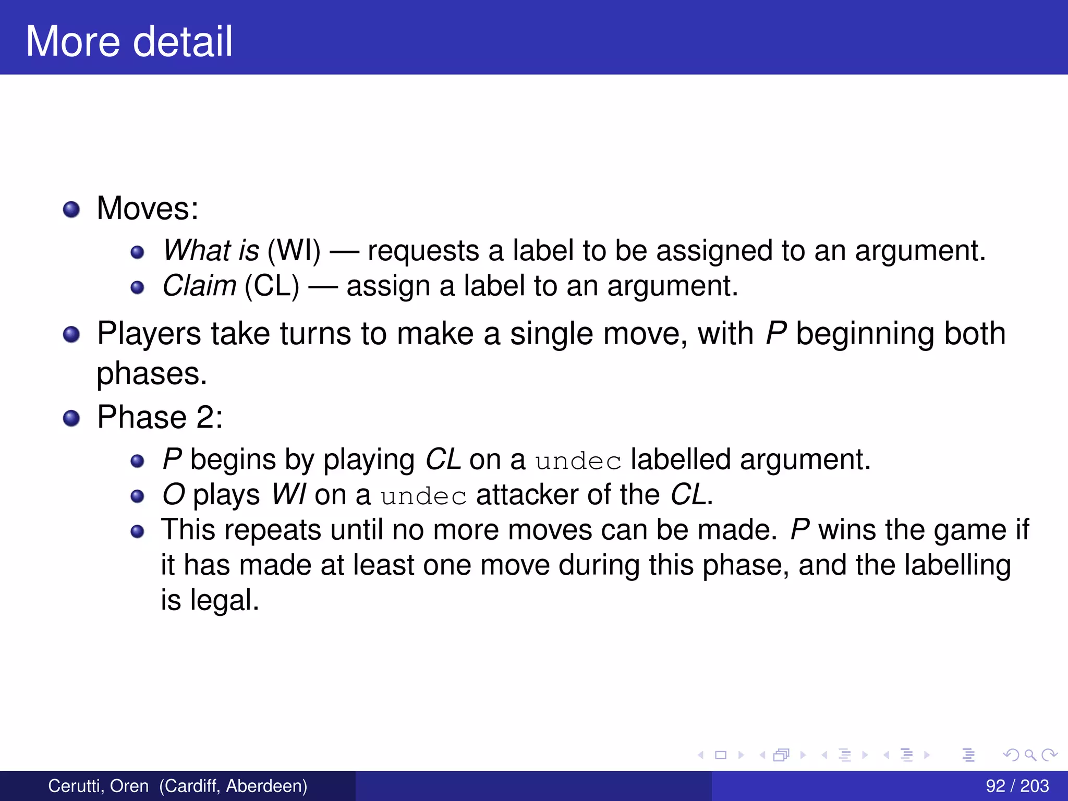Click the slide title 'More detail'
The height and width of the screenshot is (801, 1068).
(x=129, y=41)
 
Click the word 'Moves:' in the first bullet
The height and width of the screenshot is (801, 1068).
(x=148, y=208)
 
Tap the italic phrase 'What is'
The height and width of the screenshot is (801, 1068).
(x=211, y=250)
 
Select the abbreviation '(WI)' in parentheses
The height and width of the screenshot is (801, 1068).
(x=294, y=250)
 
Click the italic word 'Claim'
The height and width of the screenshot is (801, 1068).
(x=199, y=286)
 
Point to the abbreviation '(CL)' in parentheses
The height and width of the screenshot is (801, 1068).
(x=272, y=286)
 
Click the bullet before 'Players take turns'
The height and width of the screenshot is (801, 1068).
(x=71, y=334)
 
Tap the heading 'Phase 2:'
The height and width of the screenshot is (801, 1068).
(x=160, y=417)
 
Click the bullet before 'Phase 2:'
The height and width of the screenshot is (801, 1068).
(x=71, y=418)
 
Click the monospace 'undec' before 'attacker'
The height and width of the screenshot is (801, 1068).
(x=423, y=496)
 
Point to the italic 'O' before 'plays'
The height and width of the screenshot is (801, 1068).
(x=174, y=494)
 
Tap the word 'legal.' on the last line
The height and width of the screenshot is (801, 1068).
(x=224, y=600)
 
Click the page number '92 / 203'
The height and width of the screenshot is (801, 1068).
(x=1017, y=786)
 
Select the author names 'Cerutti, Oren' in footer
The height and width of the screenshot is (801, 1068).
(x=99, y=786)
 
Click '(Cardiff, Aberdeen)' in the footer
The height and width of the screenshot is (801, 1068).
(x=233, y=786)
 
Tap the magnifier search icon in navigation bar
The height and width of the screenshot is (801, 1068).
(x=1030, y=755)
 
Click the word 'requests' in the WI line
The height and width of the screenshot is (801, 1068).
(x=423, y=250)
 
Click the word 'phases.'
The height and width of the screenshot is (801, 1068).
(x=152, y=373)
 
